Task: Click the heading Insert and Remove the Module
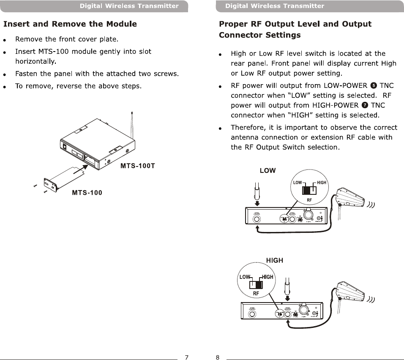point(70,24)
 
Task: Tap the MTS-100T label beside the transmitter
point(138,166)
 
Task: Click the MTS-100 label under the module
point(87,193)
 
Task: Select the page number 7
point(186,357)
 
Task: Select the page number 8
point(218,357)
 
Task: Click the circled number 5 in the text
point(374,85)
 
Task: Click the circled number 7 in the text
point(365,105)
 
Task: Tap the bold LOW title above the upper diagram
point(268,171)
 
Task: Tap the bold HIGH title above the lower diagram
point(275,260)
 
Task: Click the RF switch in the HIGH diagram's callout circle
point(256,284)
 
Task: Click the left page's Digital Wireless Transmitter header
point(129,6)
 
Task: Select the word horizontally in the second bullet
point(35,62)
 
